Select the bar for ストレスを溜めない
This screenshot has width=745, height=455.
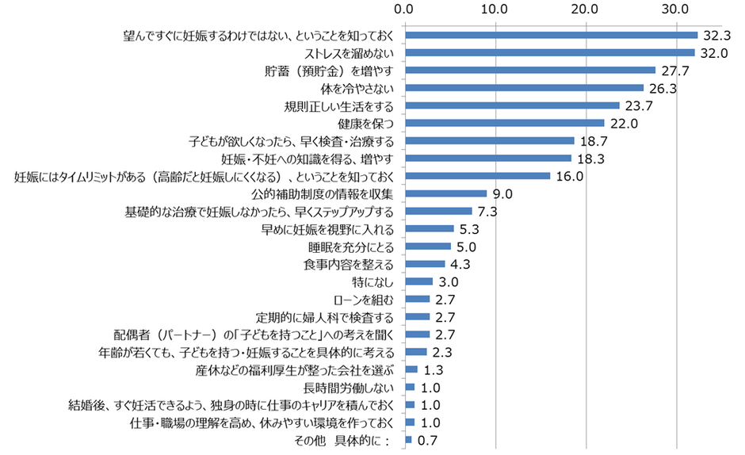[549, 52]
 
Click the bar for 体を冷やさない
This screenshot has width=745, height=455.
[524, 88]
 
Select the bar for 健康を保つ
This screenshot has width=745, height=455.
[505, 123]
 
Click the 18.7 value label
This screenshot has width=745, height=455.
[592, 141]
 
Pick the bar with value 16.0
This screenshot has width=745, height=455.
[477, 176]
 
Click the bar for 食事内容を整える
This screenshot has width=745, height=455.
[425, 263]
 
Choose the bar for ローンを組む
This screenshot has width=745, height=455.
[418, 299]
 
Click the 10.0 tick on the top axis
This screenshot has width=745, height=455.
[495, 10]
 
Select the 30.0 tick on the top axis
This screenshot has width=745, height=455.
[675, 10]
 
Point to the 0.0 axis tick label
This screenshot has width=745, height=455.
[405, 10]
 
